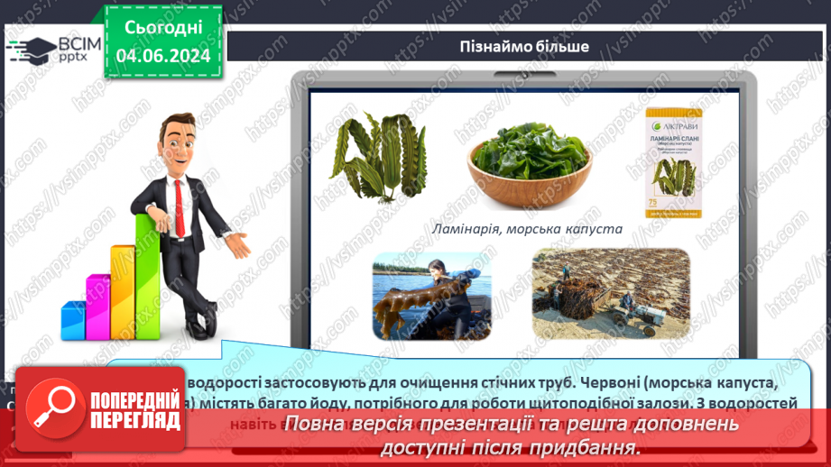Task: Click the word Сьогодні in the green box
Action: pyautogui.click(x=163, y=28)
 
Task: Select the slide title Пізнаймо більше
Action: pyautogui.click(x=524, y=46)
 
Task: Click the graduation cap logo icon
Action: pyautogui.click(x=31, y=48)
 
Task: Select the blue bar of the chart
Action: pyautogui.click(x=73, y=319)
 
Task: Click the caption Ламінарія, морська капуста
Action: pyautogui.click(x=527, y=229)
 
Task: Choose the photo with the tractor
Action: pyautogui.click(x=610, y=293)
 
